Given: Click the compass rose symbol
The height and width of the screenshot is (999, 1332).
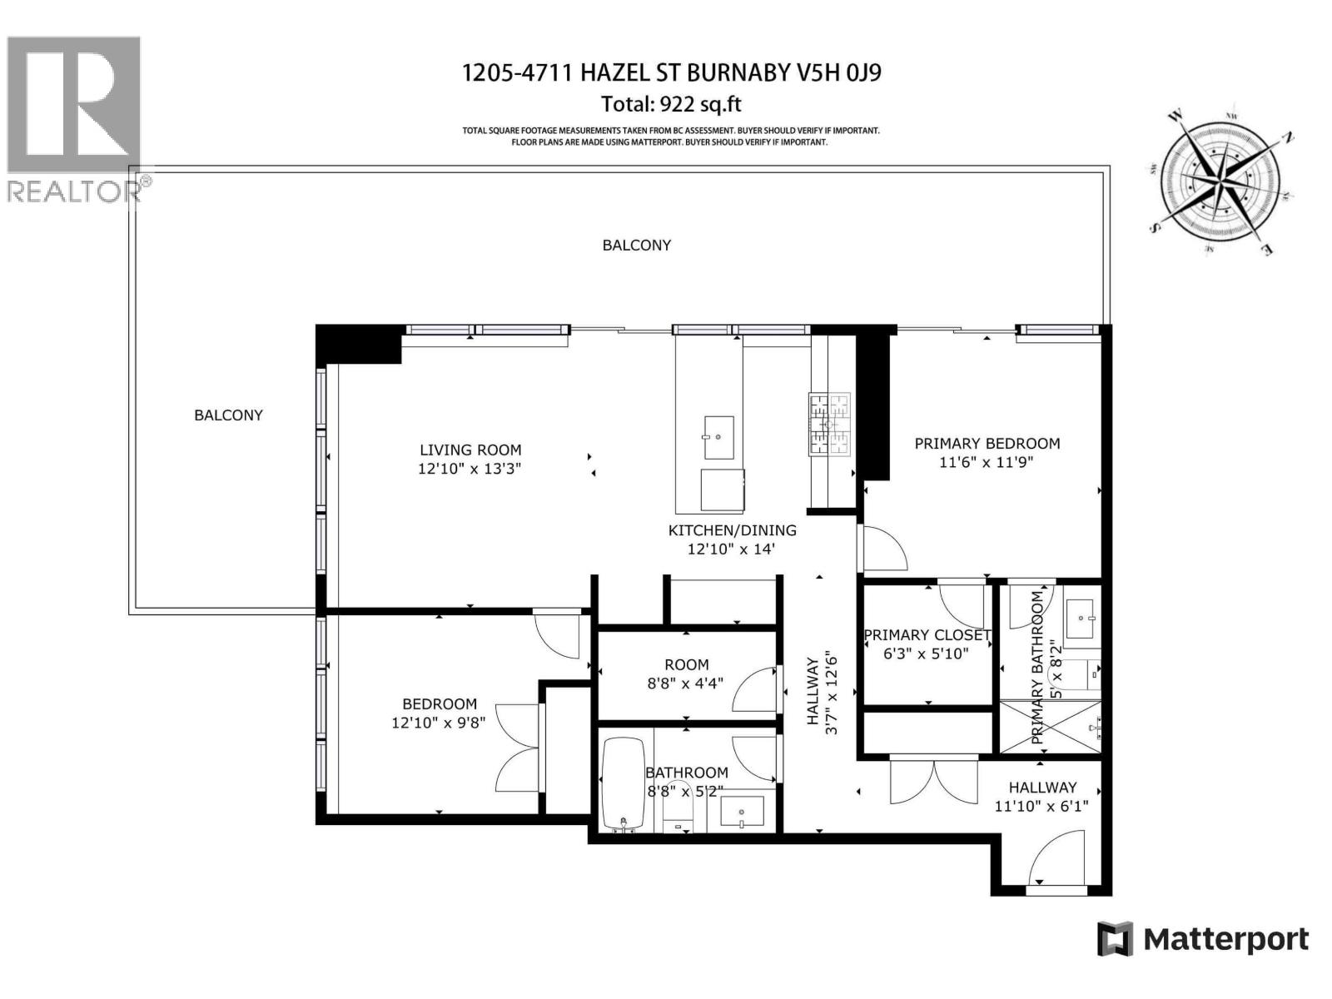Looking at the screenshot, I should (x=1220, y=181).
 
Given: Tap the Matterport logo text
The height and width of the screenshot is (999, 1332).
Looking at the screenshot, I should (x=1225, y=940).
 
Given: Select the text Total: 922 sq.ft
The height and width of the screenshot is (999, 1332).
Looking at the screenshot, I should (x=671, y=105).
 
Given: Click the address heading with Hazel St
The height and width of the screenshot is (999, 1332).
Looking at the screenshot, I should (x=671, y=73).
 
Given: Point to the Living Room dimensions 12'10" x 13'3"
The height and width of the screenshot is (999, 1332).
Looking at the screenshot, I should (x=470, y=469).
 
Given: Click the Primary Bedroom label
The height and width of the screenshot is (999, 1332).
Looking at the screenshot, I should (x=987, y=444).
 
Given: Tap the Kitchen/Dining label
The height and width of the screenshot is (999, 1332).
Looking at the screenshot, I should (x=732, y=530).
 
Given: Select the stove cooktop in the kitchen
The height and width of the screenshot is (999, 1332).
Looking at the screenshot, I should (x=830, y=424).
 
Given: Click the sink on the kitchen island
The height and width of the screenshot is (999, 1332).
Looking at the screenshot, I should (x=718, y=438).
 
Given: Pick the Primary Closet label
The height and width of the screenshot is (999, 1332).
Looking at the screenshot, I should (x=927, y=635).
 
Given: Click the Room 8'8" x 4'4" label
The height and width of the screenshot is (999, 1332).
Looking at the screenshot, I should (x=686, y=673).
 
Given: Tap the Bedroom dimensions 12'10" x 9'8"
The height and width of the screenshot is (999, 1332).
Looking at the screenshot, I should (x=439, y=723).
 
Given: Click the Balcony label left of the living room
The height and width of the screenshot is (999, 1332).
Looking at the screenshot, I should (x=228, y=415).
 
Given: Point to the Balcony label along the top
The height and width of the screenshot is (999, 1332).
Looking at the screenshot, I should (x=637, y=245).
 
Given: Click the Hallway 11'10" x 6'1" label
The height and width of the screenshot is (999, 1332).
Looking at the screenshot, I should (x=1042, y=796).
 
